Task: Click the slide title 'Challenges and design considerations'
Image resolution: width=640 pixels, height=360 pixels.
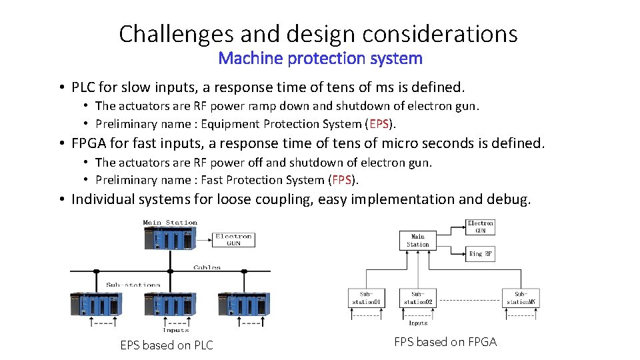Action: [x=318, y=33]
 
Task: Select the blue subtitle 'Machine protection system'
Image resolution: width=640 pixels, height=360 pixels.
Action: [x=320, y=58]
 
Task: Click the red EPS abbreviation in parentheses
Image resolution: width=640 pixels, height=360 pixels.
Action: [x=379, y=124]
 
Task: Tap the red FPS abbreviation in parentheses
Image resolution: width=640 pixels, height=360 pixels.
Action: [x=342, y=180]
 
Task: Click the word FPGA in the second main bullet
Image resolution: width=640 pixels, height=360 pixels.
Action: [x=90, y=143]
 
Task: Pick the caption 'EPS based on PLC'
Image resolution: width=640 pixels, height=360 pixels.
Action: [x=167, y=345]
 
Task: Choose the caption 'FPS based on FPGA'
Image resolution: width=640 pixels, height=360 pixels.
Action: [x=445, y=342]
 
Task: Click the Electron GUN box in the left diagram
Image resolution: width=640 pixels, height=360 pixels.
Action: [x=233, y=240]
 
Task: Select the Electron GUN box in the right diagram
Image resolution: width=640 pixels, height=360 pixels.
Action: [x=481, y=227]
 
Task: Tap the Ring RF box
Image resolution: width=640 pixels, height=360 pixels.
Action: [x=481, y=253]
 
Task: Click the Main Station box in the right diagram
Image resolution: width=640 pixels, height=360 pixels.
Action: [x=418, y=241]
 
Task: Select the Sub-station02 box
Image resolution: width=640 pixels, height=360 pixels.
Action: [x=417, y=298]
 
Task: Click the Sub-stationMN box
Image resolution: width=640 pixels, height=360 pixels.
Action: [x=521, y=298]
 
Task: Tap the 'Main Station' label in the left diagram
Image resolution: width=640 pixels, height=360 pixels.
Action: [x=170, y=223]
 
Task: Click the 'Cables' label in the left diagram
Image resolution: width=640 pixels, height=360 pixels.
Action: [x=207, y=267]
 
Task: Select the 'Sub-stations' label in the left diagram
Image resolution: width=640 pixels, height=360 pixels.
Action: [x=133, y=285]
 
